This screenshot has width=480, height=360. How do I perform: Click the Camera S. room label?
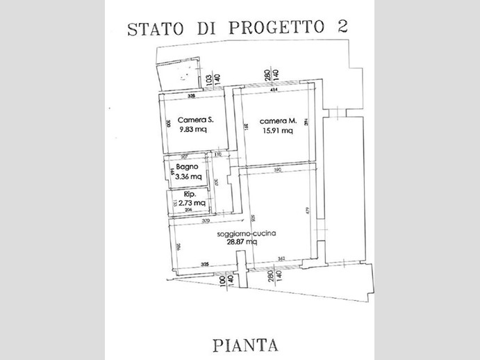(195, 120)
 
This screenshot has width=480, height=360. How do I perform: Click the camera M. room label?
(279, 120)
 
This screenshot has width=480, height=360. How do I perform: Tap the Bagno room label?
(188, 167)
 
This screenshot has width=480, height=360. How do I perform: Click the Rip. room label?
(184, 195)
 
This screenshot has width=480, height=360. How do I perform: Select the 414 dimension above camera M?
(274, 91)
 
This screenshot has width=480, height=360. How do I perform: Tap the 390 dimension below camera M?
(277, 170)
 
